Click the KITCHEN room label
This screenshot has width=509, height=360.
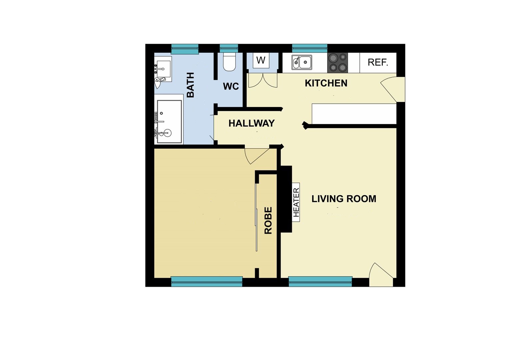click(326, 83)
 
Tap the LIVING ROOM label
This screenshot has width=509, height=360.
click(344, 199)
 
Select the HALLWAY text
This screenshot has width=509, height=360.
click(252, 123)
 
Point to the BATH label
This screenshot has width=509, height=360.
click(190, 85)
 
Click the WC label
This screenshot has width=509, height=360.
click(231, 86)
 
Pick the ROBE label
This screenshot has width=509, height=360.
click(268, 220)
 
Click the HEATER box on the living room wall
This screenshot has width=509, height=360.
click(296, 202)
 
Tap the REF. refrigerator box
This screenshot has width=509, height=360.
click(378, 62)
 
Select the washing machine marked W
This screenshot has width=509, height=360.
click(261, 60)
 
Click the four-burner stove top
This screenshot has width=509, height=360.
click(338, 63)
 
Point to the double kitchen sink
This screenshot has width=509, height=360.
click(302, 62)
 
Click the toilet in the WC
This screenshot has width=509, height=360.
click(229, 62)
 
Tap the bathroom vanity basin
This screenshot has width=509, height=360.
click(164, 69)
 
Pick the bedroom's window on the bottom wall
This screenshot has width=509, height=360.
click(207, 282)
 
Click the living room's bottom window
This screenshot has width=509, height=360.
click(320, 282)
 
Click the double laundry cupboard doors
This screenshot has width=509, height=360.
click(263, 81)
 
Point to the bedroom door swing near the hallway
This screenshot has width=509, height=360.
click(255, 155)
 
